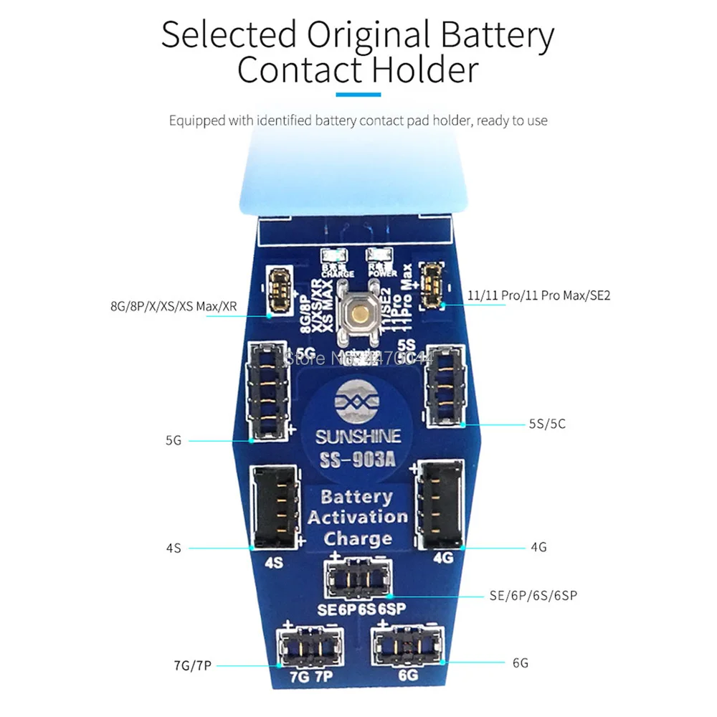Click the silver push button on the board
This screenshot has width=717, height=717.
tap(358, 313)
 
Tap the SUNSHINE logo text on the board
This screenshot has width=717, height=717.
tap(359, 437)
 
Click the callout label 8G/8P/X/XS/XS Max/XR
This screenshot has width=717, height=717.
tap(173, 308)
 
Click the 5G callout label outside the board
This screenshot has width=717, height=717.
tap(173, 441)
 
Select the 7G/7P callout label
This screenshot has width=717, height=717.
tap(192, 665)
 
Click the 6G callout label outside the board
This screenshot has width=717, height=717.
tap(520, 663)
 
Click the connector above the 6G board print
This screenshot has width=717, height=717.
tap(407, 646)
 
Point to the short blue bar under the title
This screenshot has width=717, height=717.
tap(358, 95)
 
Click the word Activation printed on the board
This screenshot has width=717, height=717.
tap(357, 517)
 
